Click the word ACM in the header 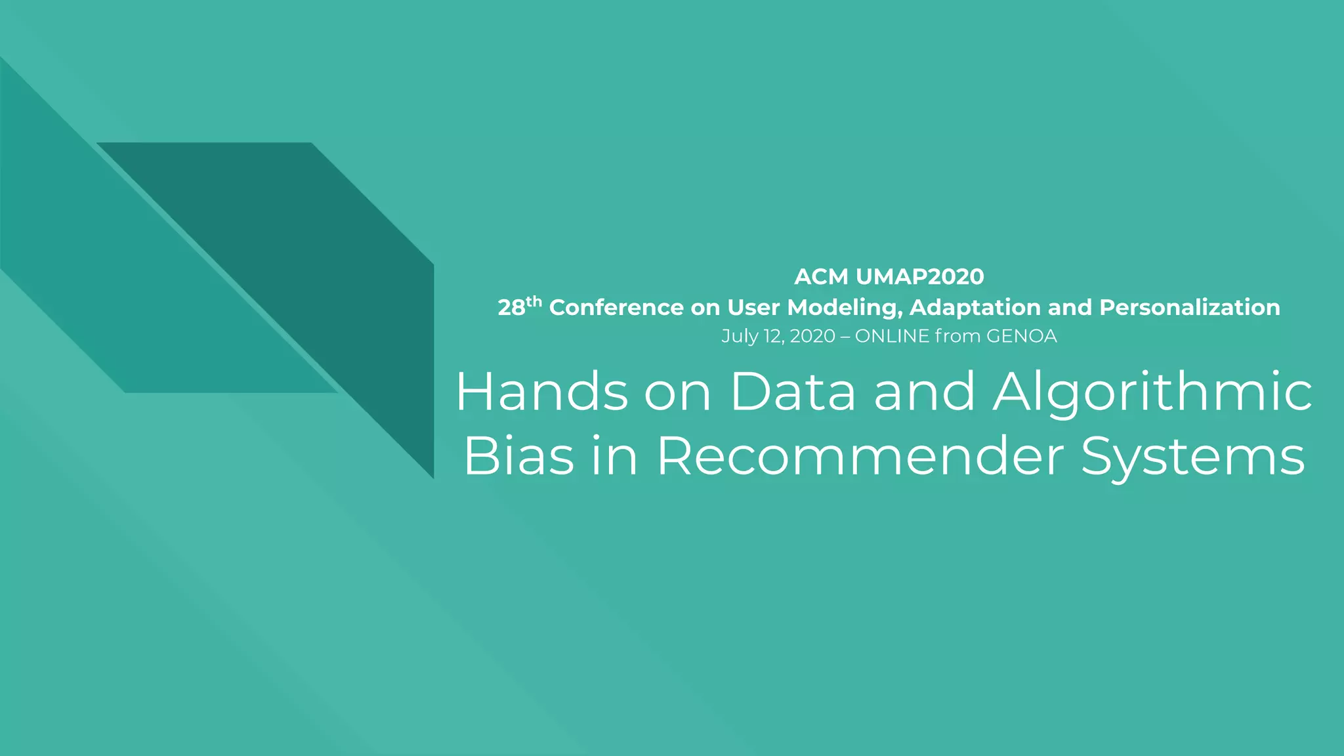pyautogui.click(x=821, y=277)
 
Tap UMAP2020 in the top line pyautogui.click(x=919, y=277)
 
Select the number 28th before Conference pyautogui.click(x=519, y=306)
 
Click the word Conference pyautogui.click(x=616, y=307)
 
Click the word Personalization pyautogui.click(x=1189, y=307)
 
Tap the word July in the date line pyautogui.click(x=740, y=336)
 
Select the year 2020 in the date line pyautogui.click(x=812, y=336)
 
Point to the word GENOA pyautogui.click(x=1021, y=336)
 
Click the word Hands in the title pyautogui.click(x=542, y=392)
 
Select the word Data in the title pyautogui.click(x=793, y=392)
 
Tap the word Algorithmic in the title pyautogui.click(x=1152, y=393)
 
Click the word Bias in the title pyautogui.click(x=518, y=456)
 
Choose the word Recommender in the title pyautogui.click(x=860, y=456)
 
